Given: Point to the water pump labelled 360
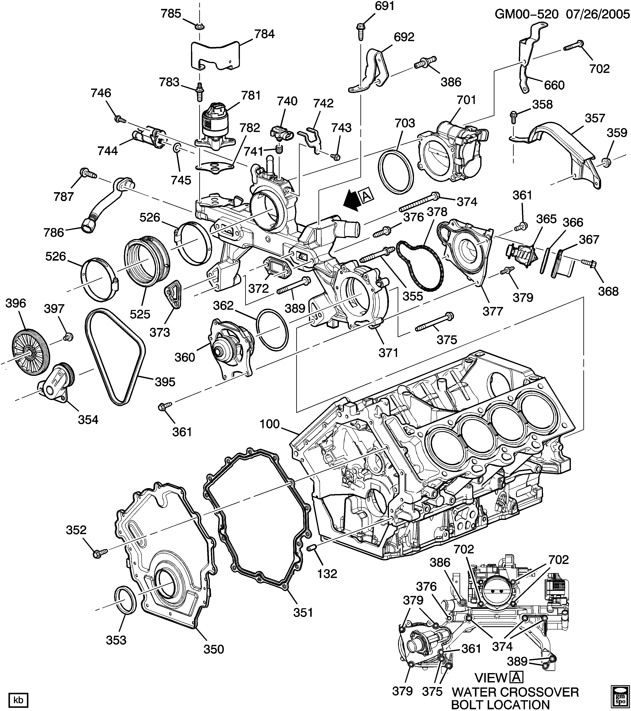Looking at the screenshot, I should (230, 348).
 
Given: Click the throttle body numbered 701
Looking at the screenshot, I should (452, 153).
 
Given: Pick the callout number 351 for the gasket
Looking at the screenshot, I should (303, 622).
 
